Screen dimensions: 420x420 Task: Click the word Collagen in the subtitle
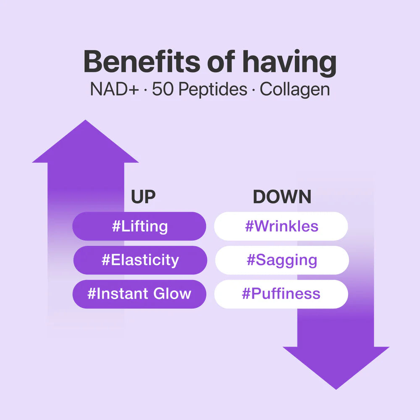click(x=294, y=90)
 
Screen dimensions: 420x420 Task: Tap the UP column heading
click(x=143, y=197)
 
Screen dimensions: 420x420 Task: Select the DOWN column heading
click(x=282, y=197)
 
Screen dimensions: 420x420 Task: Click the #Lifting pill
click(x=139, y=226)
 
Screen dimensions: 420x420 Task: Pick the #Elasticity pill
click(x=140, y=260)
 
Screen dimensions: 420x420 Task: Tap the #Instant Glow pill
click(x=139, y=294)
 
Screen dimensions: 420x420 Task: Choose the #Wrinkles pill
click(x=281, y=226)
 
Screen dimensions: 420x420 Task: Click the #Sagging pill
click(x=281, y=260)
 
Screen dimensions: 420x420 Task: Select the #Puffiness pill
click(x=281, y=294)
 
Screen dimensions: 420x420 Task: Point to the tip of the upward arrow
click(x=85, y=121)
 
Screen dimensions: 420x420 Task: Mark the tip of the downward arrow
click(x=336, y=388)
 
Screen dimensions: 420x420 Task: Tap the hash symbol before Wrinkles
click(x=249, y=226)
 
